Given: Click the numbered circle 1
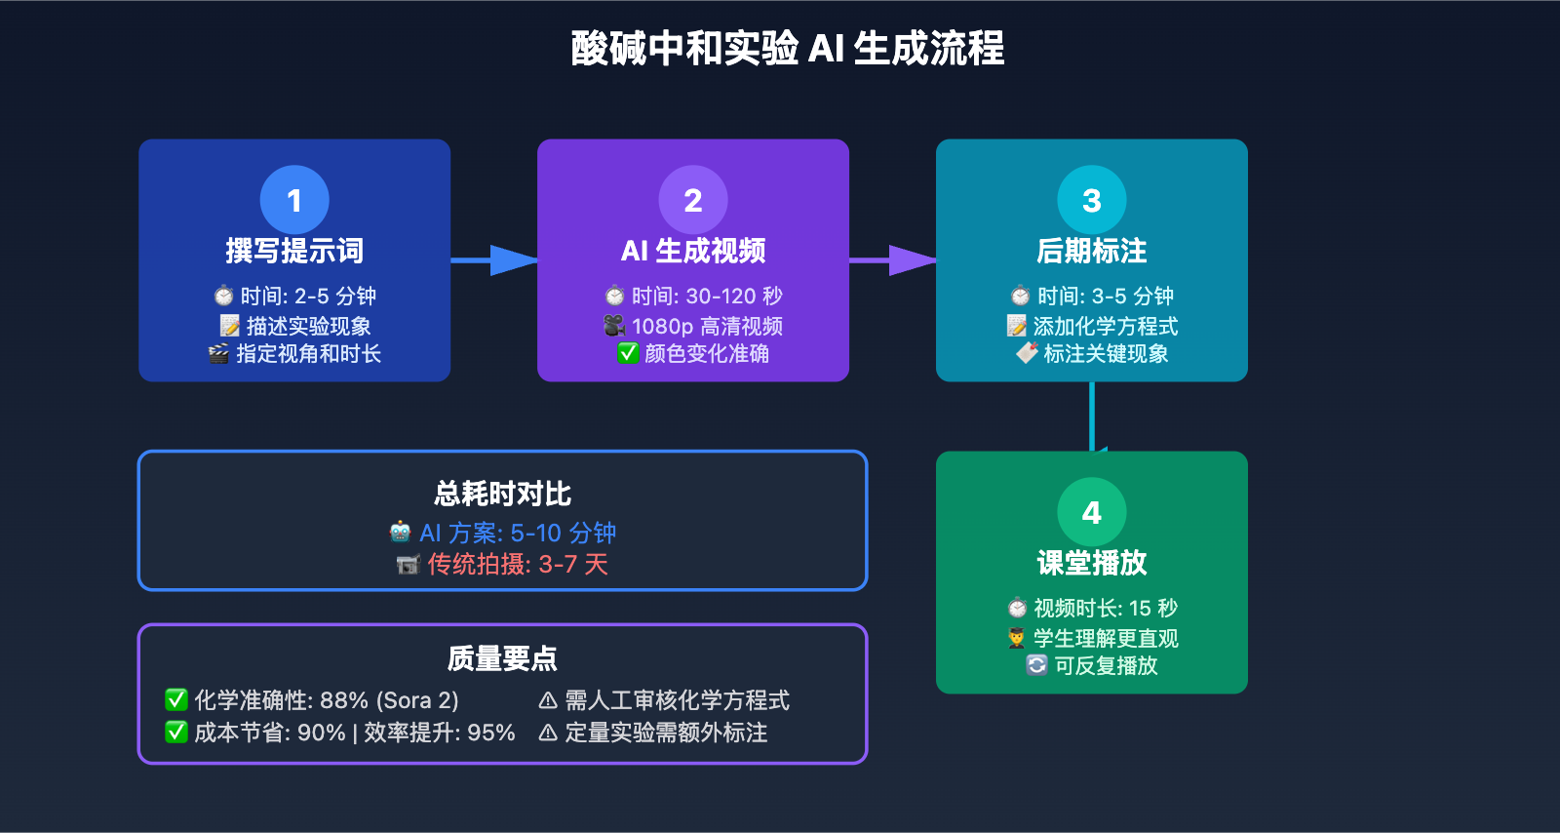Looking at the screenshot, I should (x=294, y=200).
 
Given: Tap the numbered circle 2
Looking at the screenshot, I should (x=693, y=200).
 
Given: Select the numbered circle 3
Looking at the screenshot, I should (x=1092, y=200).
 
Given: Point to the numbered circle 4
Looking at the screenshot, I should (x=1092, y=512).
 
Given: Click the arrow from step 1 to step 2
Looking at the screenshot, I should (x=494, y=260).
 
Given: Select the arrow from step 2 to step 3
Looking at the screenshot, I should (x=893, y=260).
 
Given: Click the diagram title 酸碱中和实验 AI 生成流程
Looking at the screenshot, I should (x=788, y=48).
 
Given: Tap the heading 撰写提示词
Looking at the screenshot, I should (x=294, y=251).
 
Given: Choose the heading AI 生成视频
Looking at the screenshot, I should (x=693, y=251).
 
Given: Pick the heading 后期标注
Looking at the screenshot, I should (x=1092, y=251).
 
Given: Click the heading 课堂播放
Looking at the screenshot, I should (x=1092, y=563).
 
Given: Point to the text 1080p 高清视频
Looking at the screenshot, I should (x=707, y=326).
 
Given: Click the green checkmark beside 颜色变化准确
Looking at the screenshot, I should (x=628, y=353).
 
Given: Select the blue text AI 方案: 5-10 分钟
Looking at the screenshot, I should (x=517, y=533).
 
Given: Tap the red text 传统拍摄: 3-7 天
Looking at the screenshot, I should (x=517, y=564).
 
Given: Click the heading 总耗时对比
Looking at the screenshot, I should (x=502, y=494).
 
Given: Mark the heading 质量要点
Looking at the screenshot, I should (x=502, y=658).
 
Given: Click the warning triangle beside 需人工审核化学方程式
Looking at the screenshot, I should (x=548, y=700).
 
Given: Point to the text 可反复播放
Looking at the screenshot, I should (x=1106, y=665).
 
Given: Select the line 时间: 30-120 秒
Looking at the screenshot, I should (x=707, y=296).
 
